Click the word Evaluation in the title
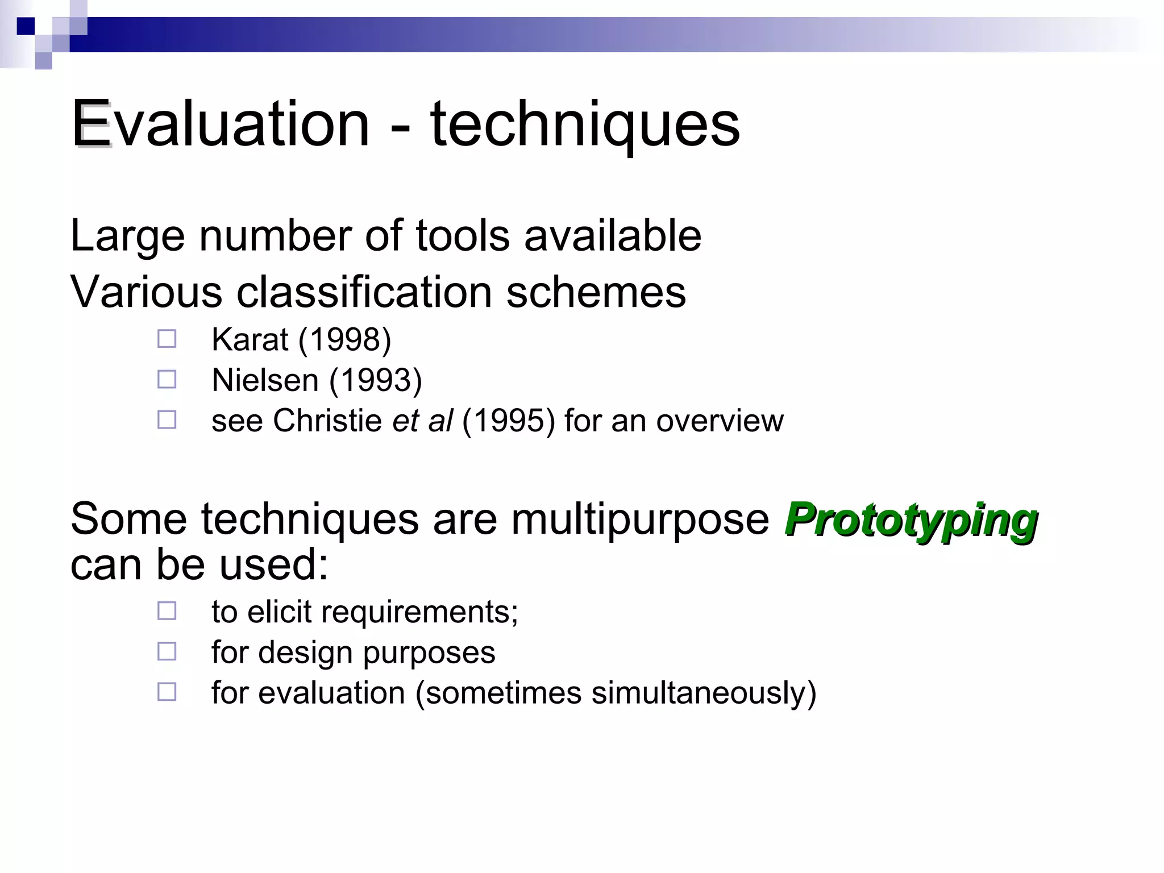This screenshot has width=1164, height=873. pyautogui.click(x=221, y=123)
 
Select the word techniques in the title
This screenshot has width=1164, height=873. pyautogui.click(x=585, y=123)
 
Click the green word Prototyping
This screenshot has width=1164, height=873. pyautogui.click(x=911, y=519)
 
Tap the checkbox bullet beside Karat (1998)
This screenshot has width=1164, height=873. pyautogui.click(x=167, y=339)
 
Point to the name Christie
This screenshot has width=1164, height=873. pyautogui.click(x=327, y=421)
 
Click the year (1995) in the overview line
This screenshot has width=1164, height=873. pyautogui.click(x=508, y=421)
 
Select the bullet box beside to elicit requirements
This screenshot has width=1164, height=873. pyautogui.click(x=167, y=611)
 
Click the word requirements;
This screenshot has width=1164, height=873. pyautogui.click(x=419, y=612)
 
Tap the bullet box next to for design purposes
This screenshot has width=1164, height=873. pyautogui.click(x=167, y=651)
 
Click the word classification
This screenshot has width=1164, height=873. pyautogui.click(x=364, y=292)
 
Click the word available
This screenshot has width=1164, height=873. pyautogui.click(x=612, y=235)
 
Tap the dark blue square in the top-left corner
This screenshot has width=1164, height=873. pyautogui.click(x=26, y=26)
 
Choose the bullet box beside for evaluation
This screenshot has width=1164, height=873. pyautogui.click(x=167, y=692)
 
